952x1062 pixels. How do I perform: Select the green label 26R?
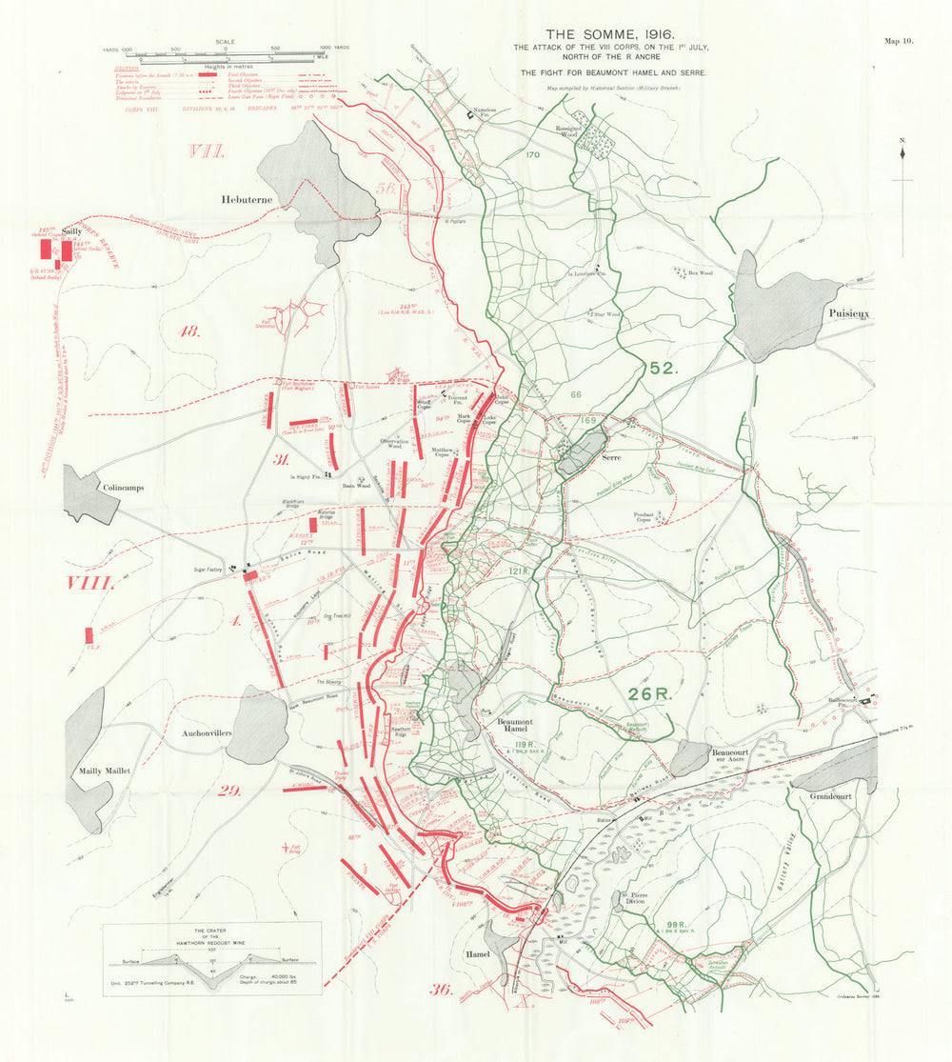[x=650, y=693]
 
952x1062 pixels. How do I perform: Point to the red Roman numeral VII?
[x=206, y=151]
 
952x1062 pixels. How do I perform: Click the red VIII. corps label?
[x=89, y=583]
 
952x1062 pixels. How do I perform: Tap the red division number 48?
[x=189, y=331]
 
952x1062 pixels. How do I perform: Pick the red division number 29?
[x=229, y=790]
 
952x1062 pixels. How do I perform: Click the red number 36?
[x=441, y=989]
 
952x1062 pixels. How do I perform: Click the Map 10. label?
[x=899, y=41]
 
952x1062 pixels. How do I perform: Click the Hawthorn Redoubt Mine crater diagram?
[x=211, y=958]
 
